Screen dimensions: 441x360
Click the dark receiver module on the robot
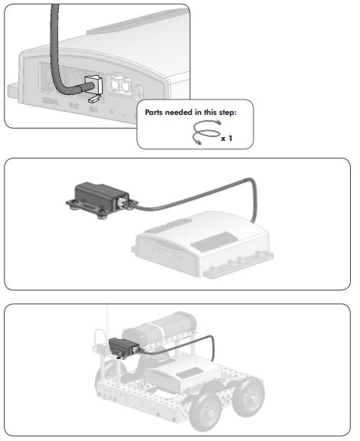click(122, 347)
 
